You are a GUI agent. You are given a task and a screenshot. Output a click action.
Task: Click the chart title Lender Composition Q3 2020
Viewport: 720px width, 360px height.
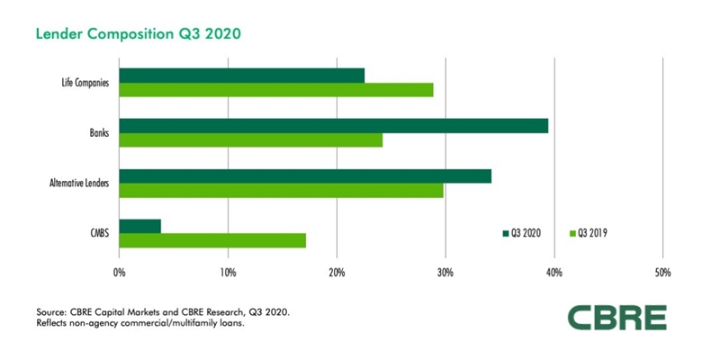[138, 34]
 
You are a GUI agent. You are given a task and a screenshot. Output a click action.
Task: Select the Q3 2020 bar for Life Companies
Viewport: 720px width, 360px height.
[241, 76]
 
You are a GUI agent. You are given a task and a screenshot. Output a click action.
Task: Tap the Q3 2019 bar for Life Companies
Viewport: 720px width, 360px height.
[275, 90]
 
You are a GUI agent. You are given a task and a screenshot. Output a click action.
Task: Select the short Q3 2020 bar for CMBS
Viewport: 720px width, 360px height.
[139, 227]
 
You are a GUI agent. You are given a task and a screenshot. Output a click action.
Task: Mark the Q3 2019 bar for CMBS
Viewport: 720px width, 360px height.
[212, 240]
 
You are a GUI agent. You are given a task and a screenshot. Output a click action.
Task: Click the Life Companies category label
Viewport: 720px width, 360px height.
[80, 83]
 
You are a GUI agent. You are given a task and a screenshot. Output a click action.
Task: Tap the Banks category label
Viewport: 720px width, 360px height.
[96, 133]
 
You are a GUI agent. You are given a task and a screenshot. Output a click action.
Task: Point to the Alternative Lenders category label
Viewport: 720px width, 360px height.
[79, 184]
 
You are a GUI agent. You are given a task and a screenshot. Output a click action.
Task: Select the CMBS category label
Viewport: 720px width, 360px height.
[96, 234]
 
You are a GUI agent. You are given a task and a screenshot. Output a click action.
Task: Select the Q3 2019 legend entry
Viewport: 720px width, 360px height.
[595, 233]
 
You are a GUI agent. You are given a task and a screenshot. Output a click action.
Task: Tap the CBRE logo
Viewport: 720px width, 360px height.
[616, 318]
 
